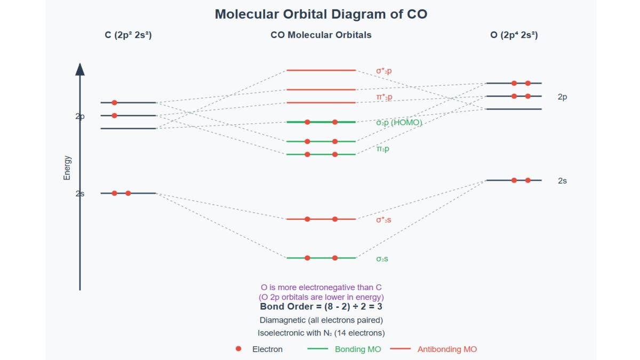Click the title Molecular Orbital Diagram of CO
point(321,14)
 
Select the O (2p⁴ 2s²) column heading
point(514,35)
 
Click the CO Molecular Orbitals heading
point(321,35)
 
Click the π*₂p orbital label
point(384,97)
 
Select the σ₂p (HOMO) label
point(399,123)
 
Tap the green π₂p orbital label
point(382,149)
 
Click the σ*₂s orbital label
point(383,219)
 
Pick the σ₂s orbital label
point(382,259)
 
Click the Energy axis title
point(67,167)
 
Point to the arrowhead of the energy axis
point(80,69)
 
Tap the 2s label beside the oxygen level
point(562,181)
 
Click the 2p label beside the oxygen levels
point(562,97)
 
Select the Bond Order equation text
point(321,307)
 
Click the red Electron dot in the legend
point(238,349)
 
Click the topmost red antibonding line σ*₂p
point(321,70)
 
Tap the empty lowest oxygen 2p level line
point(514,109)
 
